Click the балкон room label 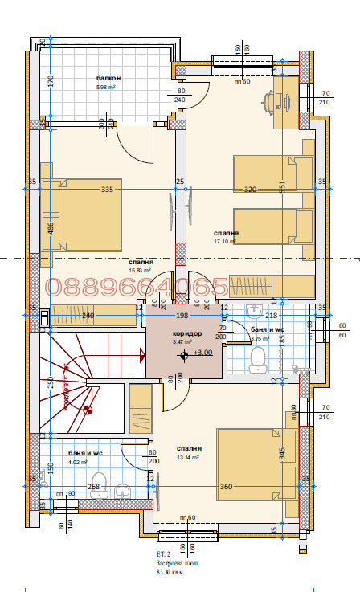pyautogui.click(x=109, y=78)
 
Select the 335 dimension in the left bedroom pyautogui.click(x=107, y=190)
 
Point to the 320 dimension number pyautogui.click(x=250, y=190)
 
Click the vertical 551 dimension pyautogui.click(x=282, y=186)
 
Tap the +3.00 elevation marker pyautogui.click(x=203, y=353)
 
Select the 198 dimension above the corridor pyautogui.click(x=182, y=316)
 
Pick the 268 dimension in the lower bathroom pyautogui.click(x=94, y=487)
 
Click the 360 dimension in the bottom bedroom pyautogui.click(x=227, y=487)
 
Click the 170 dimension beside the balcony pyautogui.click(x=50, y=80)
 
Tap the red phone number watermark pyautogui.click(x=137, y=288)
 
